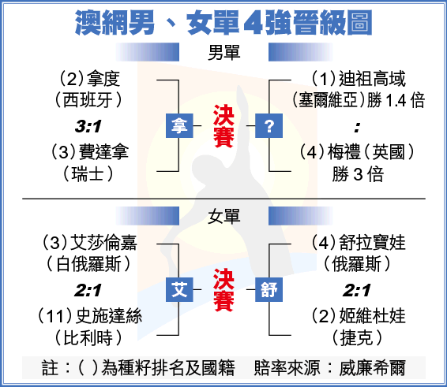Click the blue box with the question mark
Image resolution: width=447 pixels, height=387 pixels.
(269, 125)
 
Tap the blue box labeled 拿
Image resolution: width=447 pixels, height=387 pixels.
(179, 125)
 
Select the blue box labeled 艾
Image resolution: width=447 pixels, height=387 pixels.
(179, 289)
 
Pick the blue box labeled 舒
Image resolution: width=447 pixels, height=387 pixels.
(269, 289)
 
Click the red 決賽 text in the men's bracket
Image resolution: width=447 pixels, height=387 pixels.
(223, 126)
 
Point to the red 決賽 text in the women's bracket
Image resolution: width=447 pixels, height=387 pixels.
(223, 290)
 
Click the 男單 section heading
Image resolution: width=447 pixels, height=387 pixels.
(223, 53)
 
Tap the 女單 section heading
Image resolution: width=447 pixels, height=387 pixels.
(223, 217)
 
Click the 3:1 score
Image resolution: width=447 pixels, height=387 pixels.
(88, 126)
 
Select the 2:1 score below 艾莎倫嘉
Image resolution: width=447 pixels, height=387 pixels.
(88, 290)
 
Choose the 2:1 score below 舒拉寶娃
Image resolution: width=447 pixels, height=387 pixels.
(357, 290)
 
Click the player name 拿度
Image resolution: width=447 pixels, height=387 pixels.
(103, 79)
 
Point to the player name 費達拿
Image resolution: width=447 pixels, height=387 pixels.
(103, 151)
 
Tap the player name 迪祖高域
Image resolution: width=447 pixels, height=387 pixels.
(372, 79)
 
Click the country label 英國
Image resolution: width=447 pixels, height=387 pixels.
(389, 151)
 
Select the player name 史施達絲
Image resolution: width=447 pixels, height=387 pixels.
(109, 316)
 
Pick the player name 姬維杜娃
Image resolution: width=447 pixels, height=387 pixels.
(372, 316)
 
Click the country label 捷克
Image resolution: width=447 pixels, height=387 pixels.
(357, 338)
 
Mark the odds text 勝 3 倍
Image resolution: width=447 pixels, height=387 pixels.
(358, 174)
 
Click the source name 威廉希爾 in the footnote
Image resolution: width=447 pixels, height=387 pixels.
(372, 368)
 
